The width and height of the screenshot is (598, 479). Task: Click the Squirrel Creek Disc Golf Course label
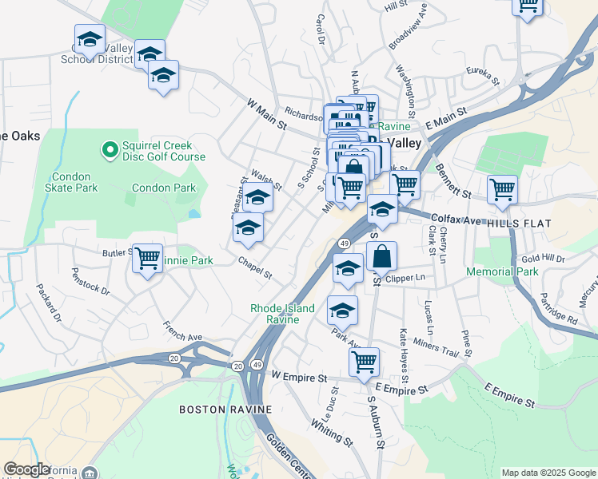click(164, 151)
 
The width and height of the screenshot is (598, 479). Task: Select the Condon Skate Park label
click(74, 182)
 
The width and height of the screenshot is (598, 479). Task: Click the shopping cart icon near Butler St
click(148, 259)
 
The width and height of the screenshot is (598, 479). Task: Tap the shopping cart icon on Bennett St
click(502, 189)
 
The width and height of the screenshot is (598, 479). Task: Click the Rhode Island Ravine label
click(282, 314)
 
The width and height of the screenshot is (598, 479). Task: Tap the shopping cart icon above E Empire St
click(364, 361)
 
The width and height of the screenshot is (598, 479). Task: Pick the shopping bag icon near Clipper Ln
click(382, 257)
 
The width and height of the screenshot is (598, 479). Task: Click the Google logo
click(27, 469)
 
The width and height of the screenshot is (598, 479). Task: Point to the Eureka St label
click(482, 77)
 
